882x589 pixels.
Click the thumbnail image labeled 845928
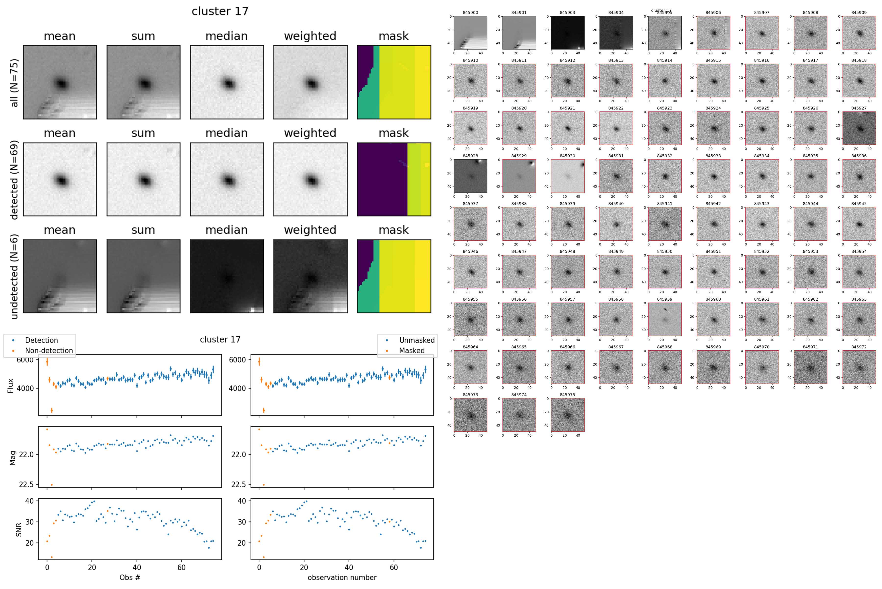click(x=470, y=176)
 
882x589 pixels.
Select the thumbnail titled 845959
click(x=664, y=319)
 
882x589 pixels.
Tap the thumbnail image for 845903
click(x=568, y=33)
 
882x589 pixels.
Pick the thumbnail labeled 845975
click(x=568, y=415)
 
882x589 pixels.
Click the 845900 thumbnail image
click(x=470, y=33)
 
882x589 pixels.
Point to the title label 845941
click(x=664, y=204)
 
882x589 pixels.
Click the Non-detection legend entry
click(x=49, y=350)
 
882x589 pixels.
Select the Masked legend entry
click(x=411, y=350)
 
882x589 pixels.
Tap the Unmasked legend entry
click(x=416, y=340)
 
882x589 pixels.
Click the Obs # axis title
click(x=130, y=577)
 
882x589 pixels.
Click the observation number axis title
click(x=342, y=577)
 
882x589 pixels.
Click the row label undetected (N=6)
click(x=14, y=276)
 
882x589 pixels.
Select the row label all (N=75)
click(x=14, y=83)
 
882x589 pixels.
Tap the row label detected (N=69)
click(x=14, y=180)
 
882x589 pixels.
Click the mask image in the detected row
click(x=394, y=180)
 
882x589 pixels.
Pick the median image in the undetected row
click(x=227, y=276)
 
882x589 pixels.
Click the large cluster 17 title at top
click(x=220, y=11)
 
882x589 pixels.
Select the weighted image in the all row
click(x=310, y=82)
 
